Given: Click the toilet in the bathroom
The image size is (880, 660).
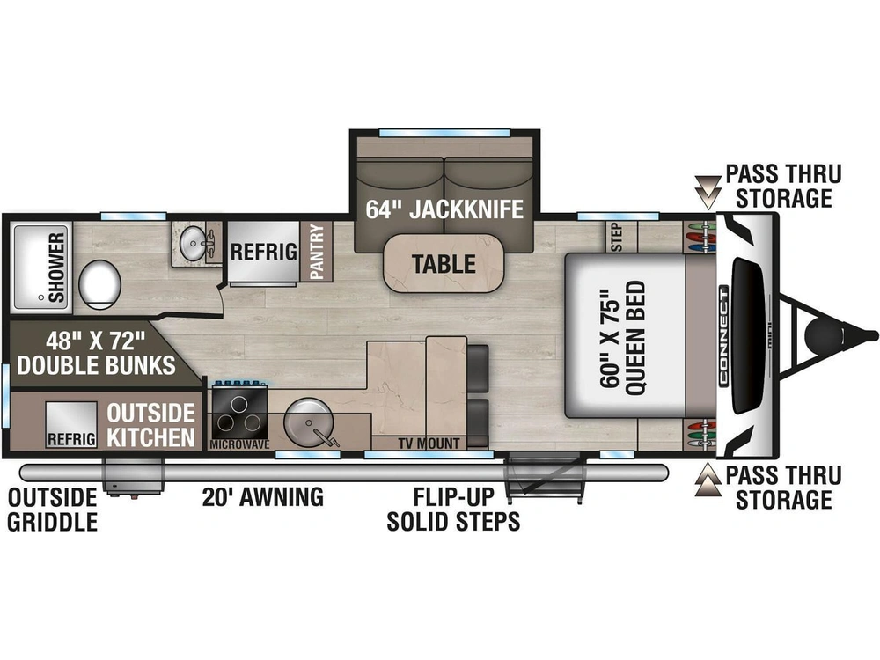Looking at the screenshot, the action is (100, 284).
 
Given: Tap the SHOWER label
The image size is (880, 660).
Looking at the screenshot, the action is (56, 268).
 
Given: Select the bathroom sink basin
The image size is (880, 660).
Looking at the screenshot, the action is (194, 244).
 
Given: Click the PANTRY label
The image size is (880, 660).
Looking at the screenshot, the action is (317, 252).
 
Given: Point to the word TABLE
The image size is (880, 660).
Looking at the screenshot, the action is (444, 264).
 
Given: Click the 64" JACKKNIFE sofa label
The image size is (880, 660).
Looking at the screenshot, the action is (444, 209).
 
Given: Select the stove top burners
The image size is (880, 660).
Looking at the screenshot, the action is (239, 412).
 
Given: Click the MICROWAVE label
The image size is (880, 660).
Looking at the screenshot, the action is (239, 444).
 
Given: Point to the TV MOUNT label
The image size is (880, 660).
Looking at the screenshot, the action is (429, 444).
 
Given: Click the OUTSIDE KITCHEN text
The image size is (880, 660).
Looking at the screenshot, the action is (151, 425).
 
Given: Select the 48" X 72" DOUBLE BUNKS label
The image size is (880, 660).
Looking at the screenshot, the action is (96, 353).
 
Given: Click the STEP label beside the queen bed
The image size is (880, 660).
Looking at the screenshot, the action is (616, 238).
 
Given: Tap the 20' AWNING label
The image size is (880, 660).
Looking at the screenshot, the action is (262, 497).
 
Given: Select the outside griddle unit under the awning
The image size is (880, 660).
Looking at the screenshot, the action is (133, 477).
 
